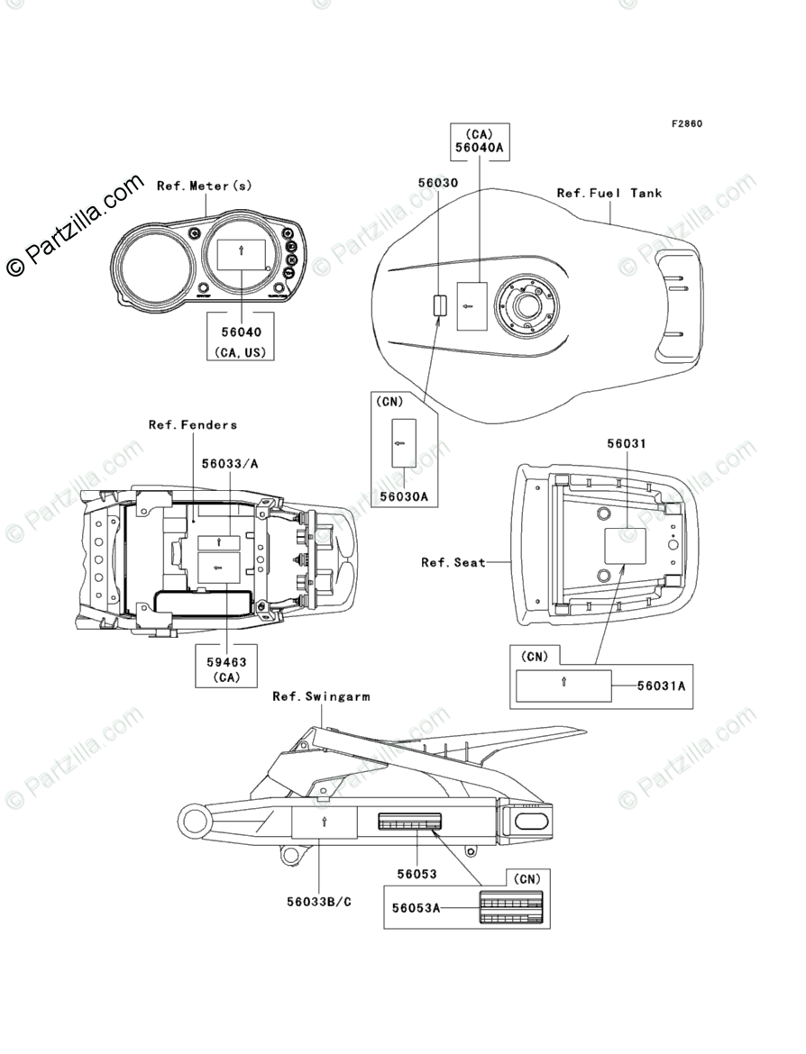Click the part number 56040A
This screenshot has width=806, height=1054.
pos(480,148)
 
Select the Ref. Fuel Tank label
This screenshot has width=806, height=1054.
pos(609,193)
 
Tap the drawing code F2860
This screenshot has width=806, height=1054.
pos(685,123)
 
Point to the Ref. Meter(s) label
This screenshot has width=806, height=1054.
pos(205,186)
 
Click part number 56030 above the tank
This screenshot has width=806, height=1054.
pos(437,182)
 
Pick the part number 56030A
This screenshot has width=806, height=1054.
pos(404,495)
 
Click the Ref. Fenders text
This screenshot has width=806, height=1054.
pos(193,424)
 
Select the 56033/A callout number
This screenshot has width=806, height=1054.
pos(229,463)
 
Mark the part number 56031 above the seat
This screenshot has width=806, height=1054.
pos(626,444)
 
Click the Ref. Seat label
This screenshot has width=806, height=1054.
pos(453,562)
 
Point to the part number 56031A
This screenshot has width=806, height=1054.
pos(661,686)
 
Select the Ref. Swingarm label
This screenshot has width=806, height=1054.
pos(321,696)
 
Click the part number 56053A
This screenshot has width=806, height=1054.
pos(416,908)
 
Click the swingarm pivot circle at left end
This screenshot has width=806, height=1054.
pos(195,821)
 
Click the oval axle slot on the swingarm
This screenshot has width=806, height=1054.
pos(529,821)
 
